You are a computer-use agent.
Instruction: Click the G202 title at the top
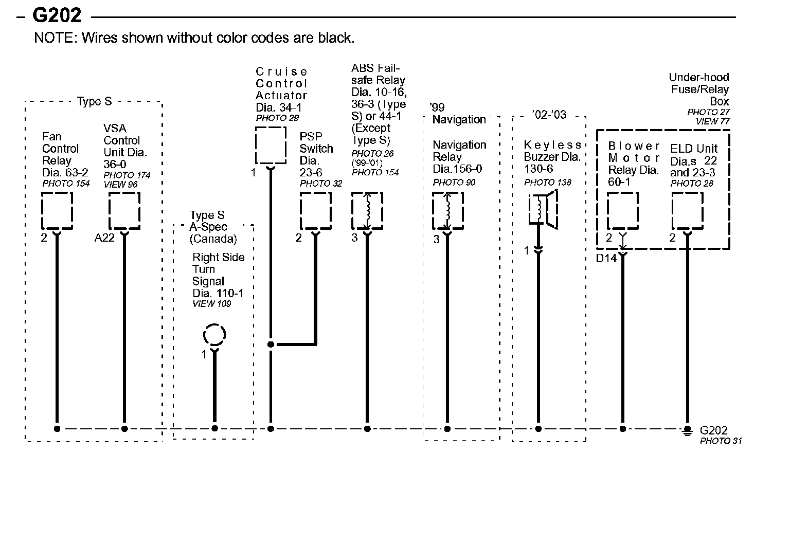click(x=57, y=16)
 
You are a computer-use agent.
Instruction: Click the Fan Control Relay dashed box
click(x=57, y=211)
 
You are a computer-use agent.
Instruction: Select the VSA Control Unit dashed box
click(x=124, y=211)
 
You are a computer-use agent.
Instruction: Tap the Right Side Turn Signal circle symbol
click(x=214, y=335)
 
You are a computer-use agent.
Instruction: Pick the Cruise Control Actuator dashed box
click(x=271, y=145)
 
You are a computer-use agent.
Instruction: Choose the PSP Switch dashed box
click(x=315, y=211)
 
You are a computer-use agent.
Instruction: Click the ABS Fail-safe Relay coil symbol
click(x=367, y=211)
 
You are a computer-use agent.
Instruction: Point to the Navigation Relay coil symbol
click(x=447, y=211)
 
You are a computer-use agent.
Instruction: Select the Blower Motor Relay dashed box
click(x=622, y=211)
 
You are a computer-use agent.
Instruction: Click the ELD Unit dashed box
click(x=687, y=211)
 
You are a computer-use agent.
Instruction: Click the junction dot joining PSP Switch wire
click(x=271, y=344)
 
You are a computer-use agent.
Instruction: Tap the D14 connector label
click(x=606, y=258)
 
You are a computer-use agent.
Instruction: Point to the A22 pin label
click(x=104, y=238)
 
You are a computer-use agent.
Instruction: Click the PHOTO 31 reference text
click(x=721, y=441)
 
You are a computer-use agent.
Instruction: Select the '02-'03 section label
click(x=549, y=115)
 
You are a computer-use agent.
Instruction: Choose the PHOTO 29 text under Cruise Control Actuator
click(x=277, y=118)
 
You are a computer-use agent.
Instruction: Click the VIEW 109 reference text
click(x=211, y=304)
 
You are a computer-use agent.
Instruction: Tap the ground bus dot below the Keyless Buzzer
click(x=538, y=428)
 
